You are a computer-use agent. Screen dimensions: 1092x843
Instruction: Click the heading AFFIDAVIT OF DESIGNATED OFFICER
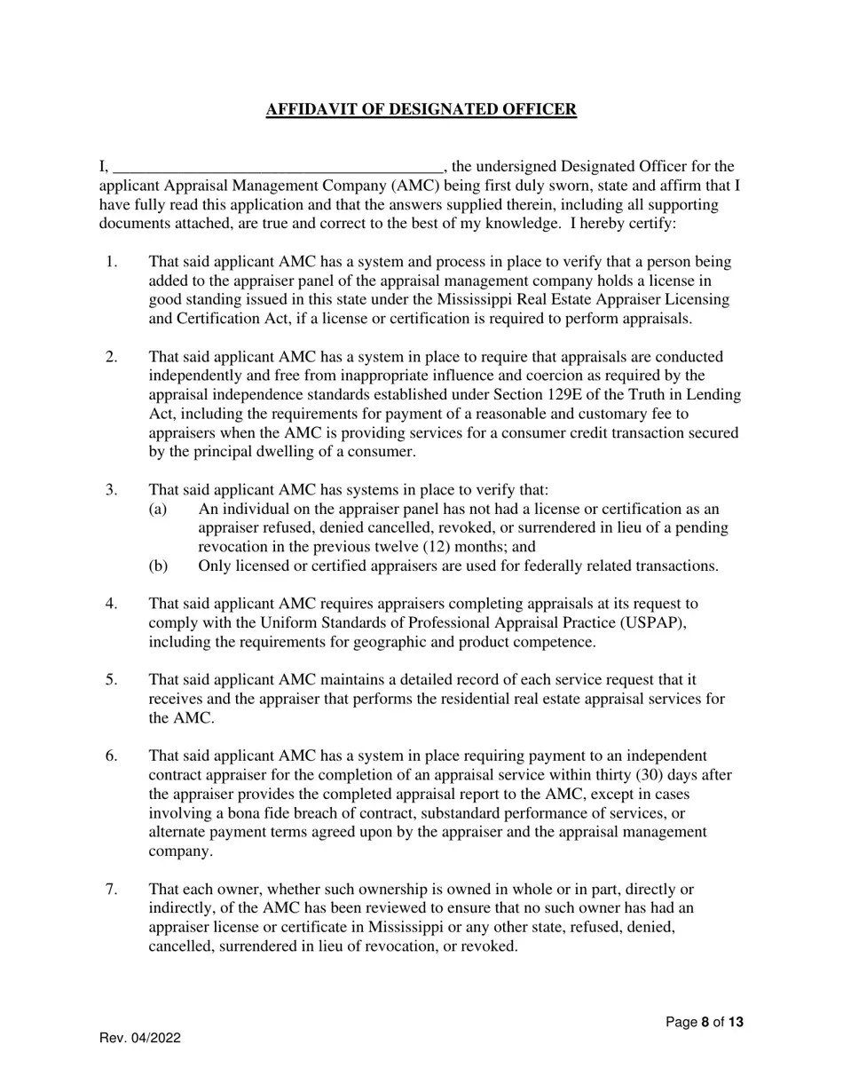click(421, 109)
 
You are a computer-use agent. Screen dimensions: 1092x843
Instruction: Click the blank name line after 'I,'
click(278, 168)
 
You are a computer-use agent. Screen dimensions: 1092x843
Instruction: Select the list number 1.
click(111, 262)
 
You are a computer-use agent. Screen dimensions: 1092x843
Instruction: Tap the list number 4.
click(111, 604)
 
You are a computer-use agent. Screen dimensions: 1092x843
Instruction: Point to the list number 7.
click(111, 889)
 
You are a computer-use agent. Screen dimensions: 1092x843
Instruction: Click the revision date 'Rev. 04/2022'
click(140, 1038)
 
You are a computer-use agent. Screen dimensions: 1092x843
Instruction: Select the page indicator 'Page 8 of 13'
click(705, 1022)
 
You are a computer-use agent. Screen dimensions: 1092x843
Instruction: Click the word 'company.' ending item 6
click(181, 851)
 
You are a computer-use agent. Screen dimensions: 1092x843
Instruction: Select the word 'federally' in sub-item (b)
click(547, 566)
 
